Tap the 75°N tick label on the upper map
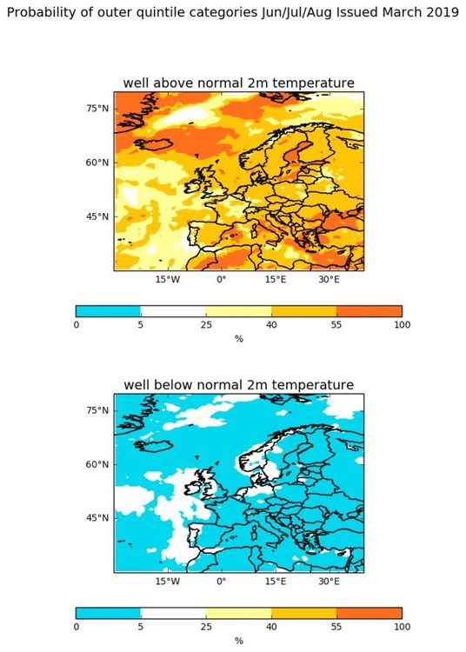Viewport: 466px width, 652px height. pos(97,109)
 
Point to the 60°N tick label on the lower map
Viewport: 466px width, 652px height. pos(97,464)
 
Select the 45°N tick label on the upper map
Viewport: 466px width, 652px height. pos(97,216)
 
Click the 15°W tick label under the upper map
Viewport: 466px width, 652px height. pos(168,279)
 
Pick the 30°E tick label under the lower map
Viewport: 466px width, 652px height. pos(329,581)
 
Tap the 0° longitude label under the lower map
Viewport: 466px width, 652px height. pos(221,581)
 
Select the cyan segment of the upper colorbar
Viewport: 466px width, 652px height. pos(108,311)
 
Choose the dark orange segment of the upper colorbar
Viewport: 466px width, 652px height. pos(369,311)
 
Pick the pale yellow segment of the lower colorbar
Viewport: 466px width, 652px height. pos(238,613)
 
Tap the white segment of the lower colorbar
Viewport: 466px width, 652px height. pos(173,613)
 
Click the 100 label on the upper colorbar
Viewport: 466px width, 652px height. pos(402,325)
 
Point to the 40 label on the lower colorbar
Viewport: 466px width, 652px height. pos(271,627)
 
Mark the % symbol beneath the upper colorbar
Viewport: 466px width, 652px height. pos(238,339)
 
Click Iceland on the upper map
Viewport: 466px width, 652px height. pos(153,144)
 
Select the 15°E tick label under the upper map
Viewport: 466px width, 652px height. pos(276,279)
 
